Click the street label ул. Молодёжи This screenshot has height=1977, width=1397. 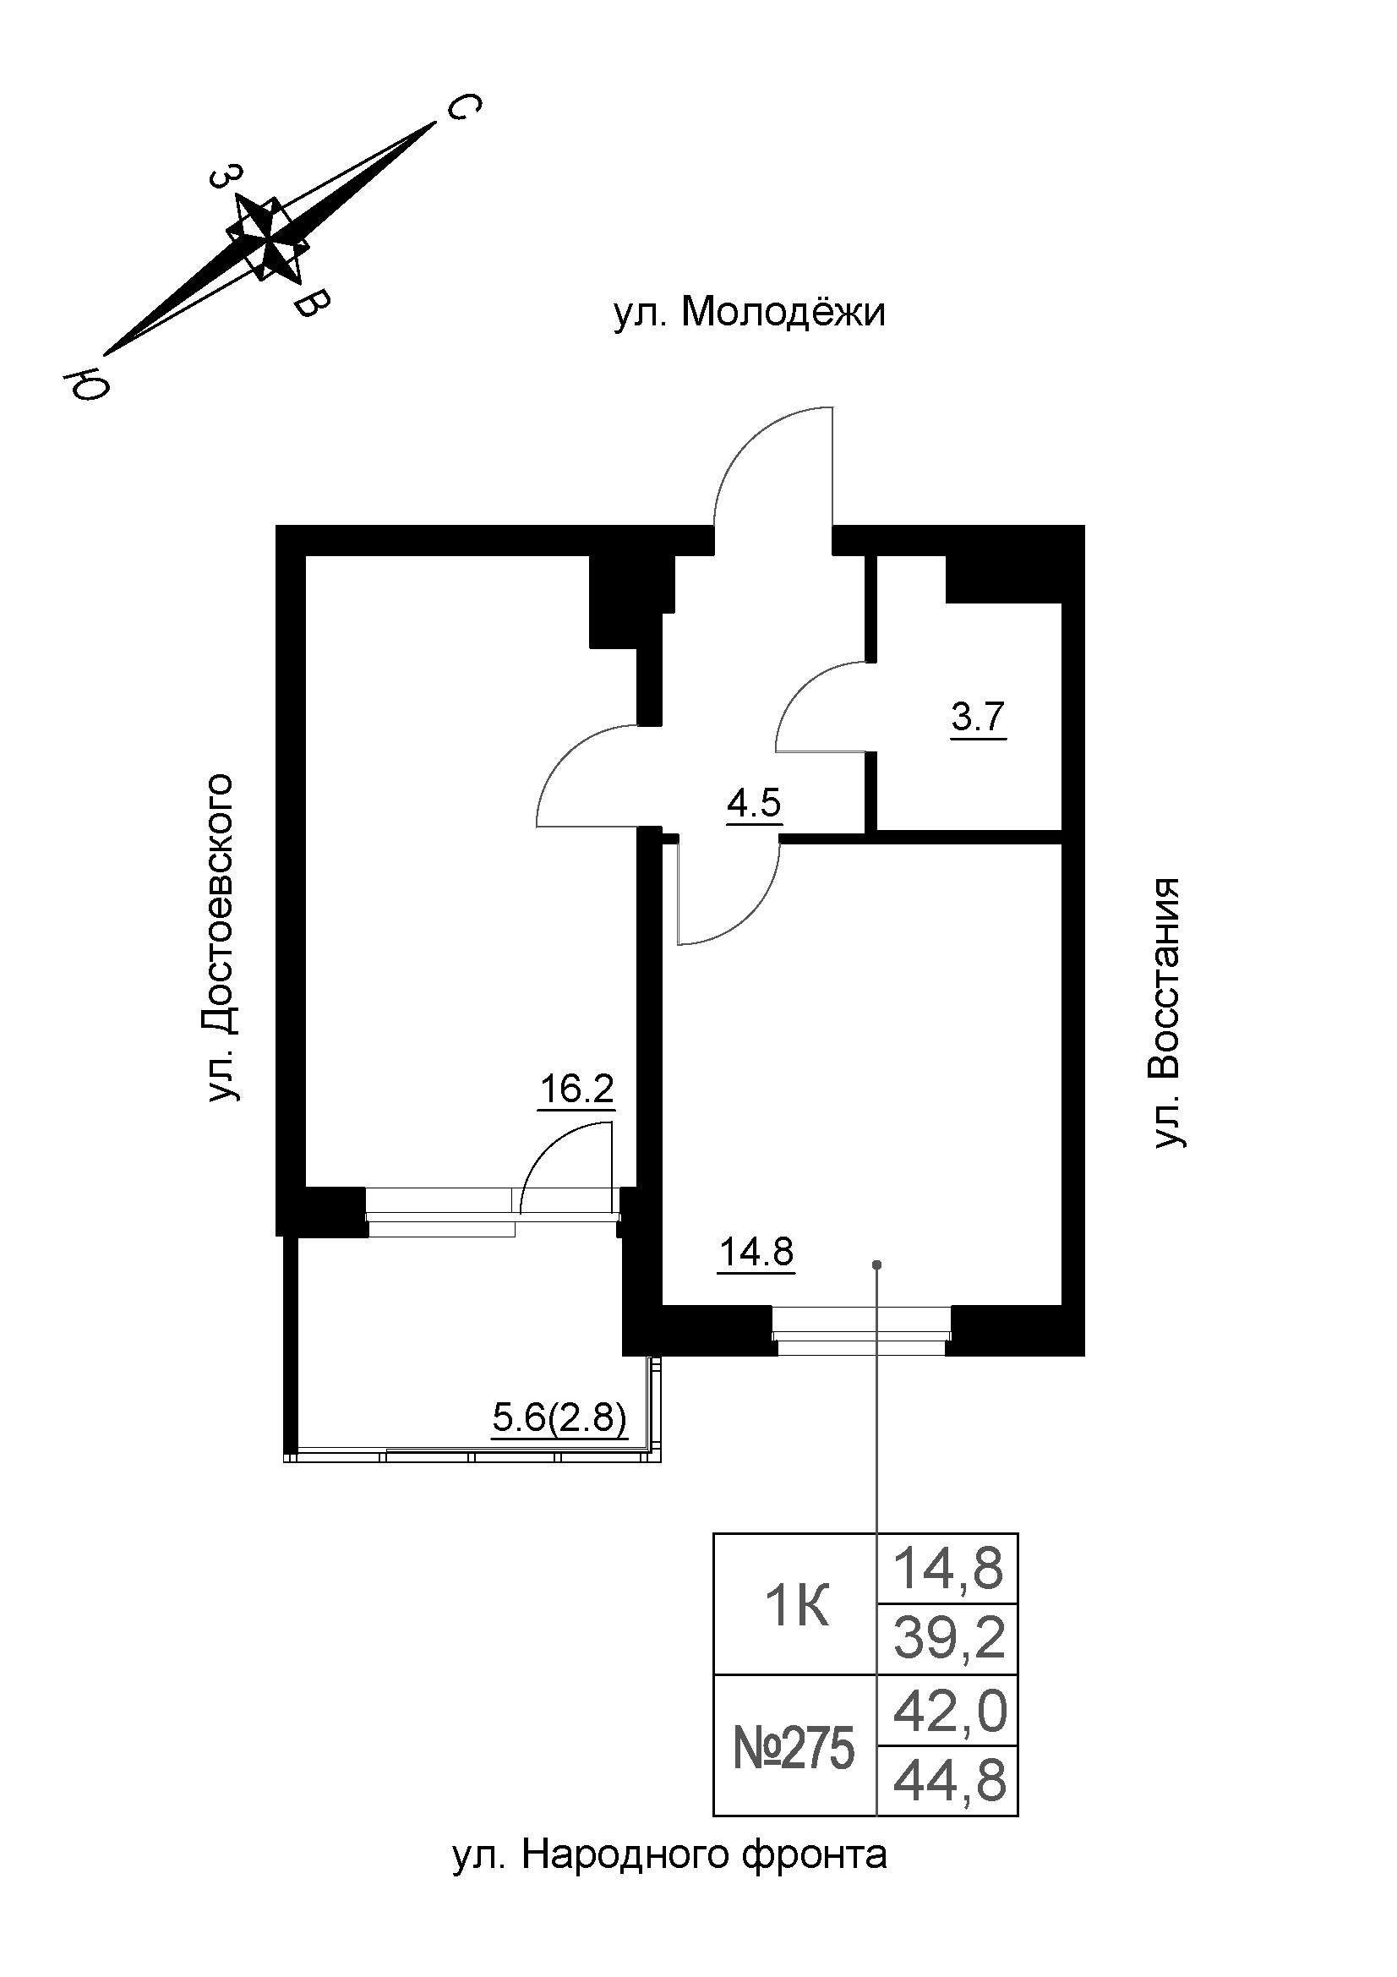pyautogui.click(x=749, y=314)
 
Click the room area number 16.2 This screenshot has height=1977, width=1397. pyautogui.click(x=576, y=1090)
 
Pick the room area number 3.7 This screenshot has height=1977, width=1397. pyautogui.click(x=978, y=717)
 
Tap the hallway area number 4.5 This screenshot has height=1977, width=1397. pyautogui.click(x=753, y=803)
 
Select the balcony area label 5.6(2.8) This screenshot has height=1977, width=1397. pyautogui.click(x=559, y=1417)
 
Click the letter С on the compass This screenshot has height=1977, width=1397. pyautogui.click(x=463, y=110)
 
